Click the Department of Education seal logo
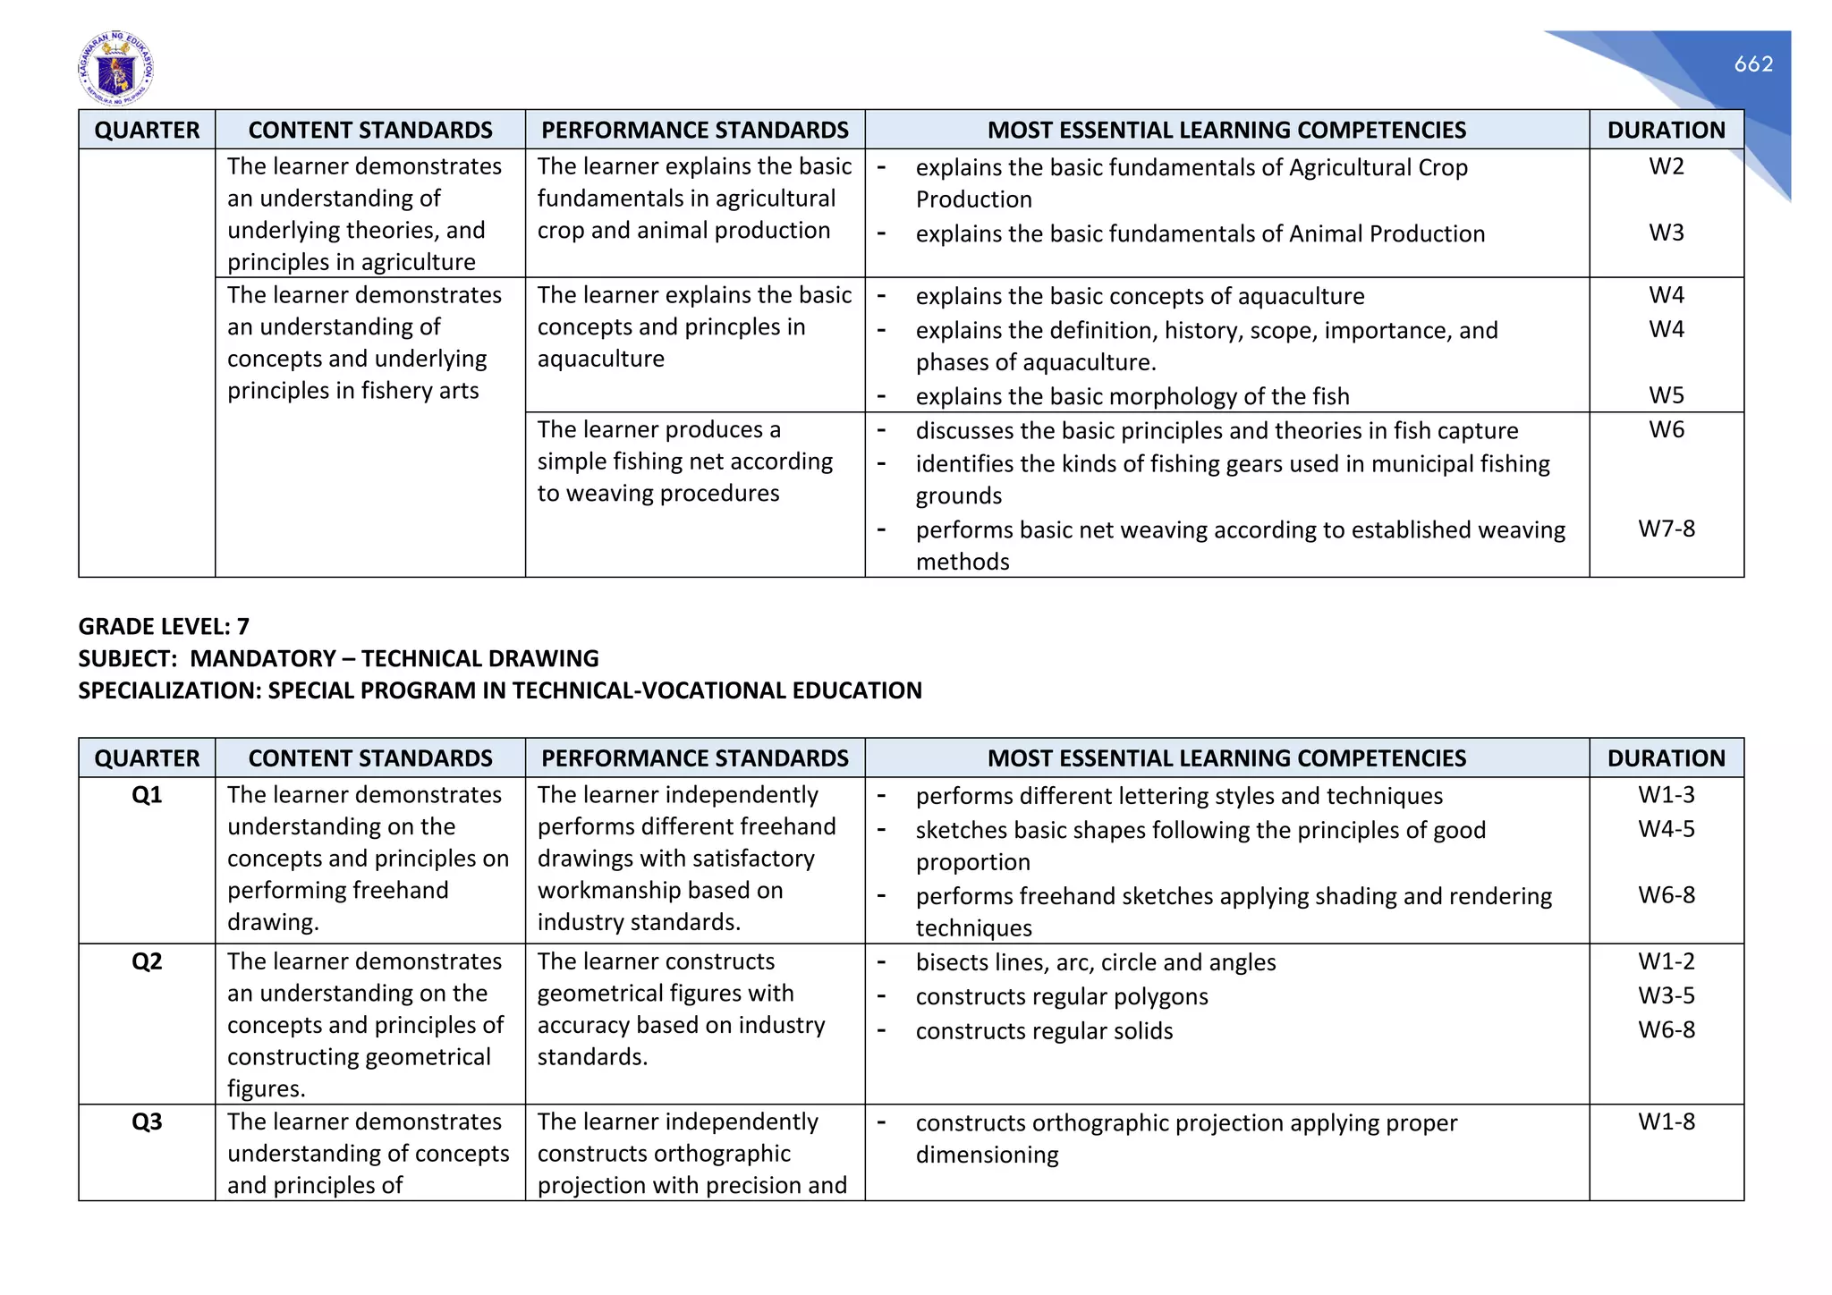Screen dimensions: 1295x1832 pyautogui.click(x=115, y=69)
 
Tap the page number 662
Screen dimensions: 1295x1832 pyautogui.click(x=1752, y=63)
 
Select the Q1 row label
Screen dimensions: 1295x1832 pyautogui.click(x=147, y=795)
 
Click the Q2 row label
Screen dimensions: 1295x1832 pyautogui.click(x=147, y=961)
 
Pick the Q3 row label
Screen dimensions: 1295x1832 pyautogui.click(x=147, y=1121)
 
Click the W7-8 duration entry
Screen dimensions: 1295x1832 pyautogui.click(x=1666, y=529)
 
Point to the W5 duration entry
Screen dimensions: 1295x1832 pyautogui.click(x=1666, y=395)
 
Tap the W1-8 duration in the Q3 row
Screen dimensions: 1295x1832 pyautogui.click(x=1666, y=1121)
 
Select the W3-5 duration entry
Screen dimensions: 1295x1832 pyautogui.click(x=1666, y=995)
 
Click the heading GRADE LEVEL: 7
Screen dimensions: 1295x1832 pyautogui.click(x=164, y=626)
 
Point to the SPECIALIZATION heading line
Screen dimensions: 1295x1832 pyautogui.click(x=499, y=690)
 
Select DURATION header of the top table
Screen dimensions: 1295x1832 pyautogui.click(x=1666, y=131)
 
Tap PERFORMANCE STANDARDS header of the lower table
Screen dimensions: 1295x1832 pyautogui.click(x=694, y=758)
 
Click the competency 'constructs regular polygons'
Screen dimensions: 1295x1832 pyautogui.click(x=1061, y=996)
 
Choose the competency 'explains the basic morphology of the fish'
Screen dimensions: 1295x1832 pyautogui.click(x=1132, y=396)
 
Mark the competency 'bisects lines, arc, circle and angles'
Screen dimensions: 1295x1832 pyautogui.click(x=1095, y=962)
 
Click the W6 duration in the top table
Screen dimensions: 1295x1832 pyautogui.click(x=1666, y=429)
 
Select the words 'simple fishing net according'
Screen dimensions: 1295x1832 pyautogui.click(x=684, y=461)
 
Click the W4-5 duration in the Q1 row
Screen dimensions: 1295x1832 pyautogui.click(x=1666, y=829)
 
